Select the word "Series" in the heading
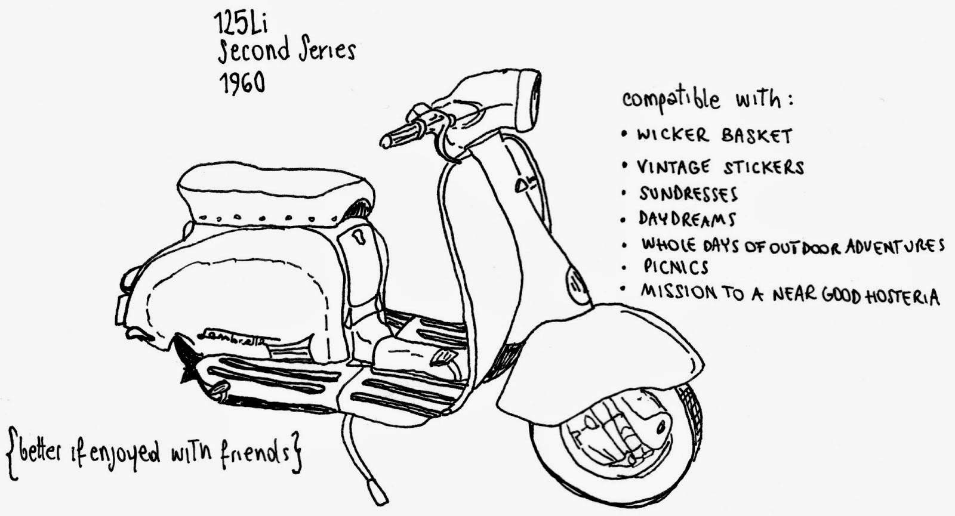pyautogui.click(x=328, y=50)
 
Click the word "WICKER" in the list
pyautogui.click(x=672, y=134)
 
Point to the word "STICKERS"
pyautogui.click(x=763, y=167)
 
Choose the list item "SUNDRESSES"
pyautogui.click(x=688, y=193)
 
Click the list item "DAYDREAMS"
pyautogui.click(x=687, y=219)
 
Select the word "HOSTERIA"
pyautogui.click(x=901, y=296)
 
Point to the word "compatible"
pyautogui.click(x=670, y=100)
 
